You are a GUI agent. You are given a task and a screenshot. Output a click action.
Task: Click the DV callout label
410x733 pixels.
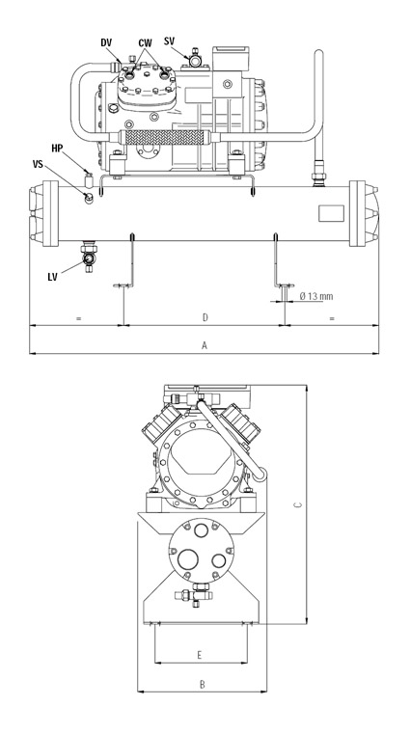pyautogui.click(x=106, y=42)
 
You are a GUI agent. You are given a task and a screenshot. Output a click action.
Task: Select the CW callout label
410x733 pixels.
pyautogui.click(x=145, y=43)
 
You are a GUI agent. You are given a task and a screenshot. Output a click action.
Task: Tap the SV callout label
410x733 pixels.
pyautogui.click(x=169, y=41)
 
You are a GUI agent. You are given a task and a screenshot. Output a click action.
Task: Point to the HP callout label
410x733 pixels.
pyautogui.click(x=57, y=149)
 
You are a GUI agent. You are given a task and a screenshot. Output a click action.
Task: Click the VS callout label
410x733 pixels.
pyautogui.click(x=38, y=164)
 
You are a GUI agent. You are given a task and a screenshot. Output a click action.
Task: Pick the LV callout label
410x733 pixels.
pyautogui.click(x=52, y=277)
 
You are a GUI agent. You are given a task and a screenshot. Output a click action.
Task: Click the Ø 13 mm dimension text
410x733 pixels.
pyautogui.click(x=316, y=296)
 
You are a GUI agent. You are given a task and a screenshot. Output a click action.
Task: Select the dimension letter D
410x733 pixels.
pyautogui.click(x=205, y=318)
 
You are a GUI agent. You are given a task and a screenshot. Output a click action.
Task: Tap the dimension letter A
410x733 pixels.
pyautogui.click(x=204, y=345)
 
